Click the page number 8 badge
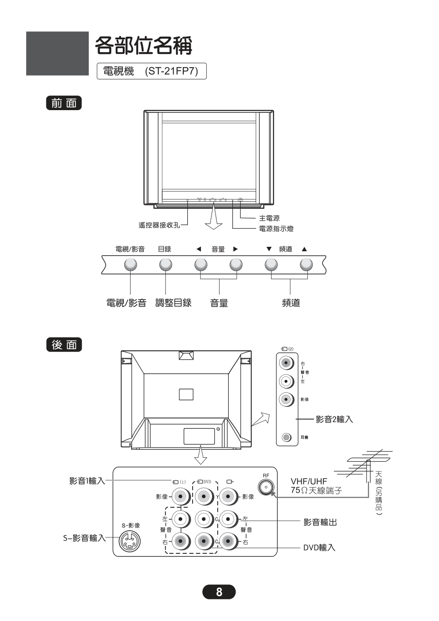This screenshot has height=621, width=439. coord(219,592)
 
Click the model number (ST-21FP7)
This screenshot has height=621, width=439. coord(171,71)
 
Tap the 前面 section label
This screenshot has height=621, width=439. coord(64,103)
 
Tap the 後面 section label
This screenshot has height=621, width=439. coord(64,345)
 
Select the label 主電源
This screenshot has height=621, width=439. coord(269,218)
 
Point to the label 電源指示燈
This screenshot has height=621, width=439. coord(276,229)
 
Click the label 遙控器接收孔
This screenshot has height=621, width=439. coord(159,225)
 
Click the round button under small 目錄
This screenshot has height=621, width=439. coord(166,264)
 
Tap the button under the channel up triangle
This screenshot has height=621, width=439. coord(306,264)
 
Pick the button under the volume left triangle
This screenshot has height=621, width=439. coord(201,264)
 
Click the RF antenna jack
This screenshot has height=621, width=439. coord(266,487)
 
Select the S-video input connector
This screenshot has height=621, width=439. coord(129,540)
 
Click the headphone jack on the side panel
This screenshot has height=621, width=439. coord(287,437)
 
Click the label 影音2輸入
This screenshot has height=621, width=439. coord(334,419)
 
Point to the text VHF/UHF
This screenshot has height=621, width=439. coord(309,481)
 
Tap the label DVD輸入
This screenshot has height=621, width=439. coord(319,548)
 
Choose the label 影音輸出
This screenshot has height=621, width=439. coord(320,522)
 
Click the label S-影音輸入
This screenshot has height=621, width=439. coord(84,538)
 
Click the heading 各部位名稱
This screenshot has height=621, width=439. coord(144,45)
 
